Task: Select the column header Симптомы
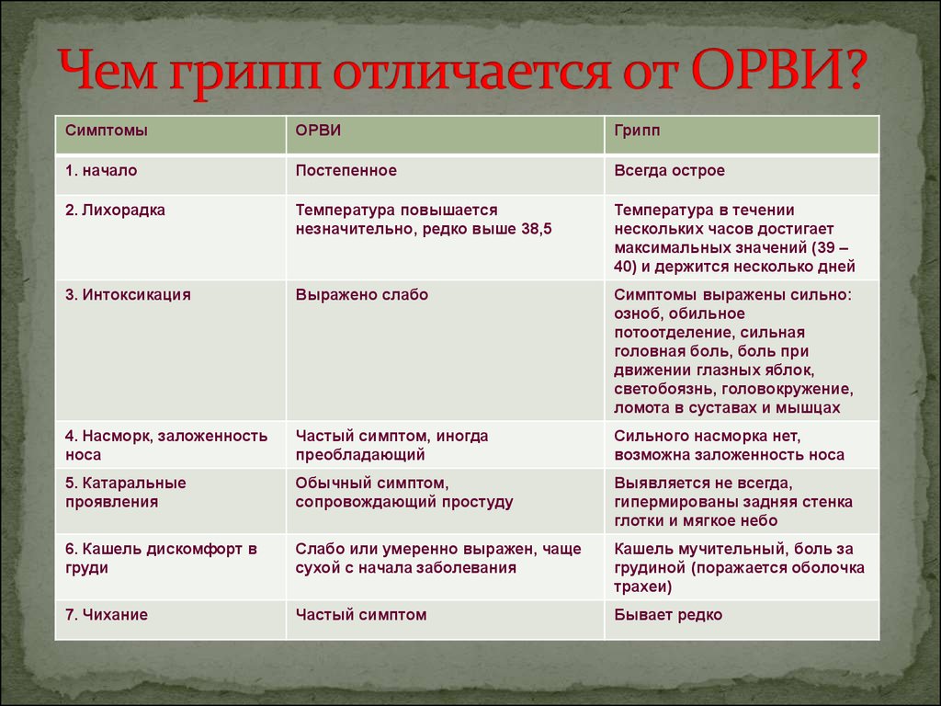click(x=107, y=131)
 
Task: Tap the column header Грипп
click(x=637, y=131)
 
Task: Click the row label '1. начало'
click(x=101, y=170)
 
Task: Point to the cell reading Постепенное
click(x=346, y=170)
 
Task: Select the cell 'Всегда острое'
click(x=669, y=170)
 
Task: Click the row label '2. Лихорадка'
click(x=115, y=211)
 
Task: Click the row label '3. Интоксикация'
click(x=128, y=295)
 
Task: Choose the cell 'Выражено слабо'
click(x=362, y=295)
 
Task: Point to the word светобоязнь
click(x=665, y=389)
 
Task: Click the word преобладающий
click(x=360, y=455)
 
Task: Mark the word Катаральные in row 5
click(x=134, y=484)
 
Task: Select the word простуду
click(x=478, y=503)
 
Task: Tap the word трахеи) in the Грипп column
click(x=642, y=587)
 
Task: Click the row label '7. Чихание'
click(x=107, y=615)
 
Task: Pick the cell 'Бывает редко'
click(x=668, y=615)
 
